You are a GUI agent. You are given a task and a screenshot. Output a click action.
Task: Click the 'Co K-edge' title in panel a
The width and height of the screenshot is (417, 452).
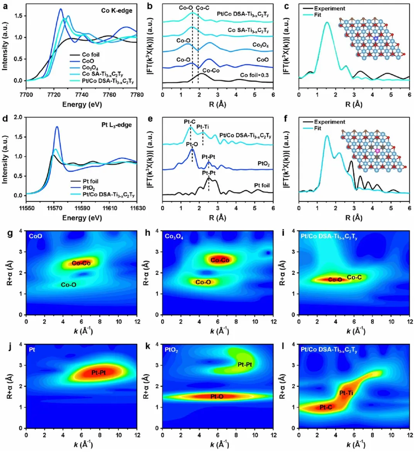coord(117,11)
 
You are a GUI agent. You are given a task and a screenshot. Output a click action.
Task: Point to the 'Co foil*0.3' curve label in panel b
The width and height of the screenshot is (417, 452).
coord(254,75)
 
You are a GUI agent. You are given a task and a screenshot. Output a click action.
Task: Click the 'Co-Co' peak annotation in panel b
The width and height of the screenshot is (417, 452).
coord(211,70)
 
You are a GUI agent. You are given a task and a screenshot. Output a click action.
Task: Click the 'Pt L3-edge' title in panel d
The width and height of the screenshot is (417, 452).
coord(117,125)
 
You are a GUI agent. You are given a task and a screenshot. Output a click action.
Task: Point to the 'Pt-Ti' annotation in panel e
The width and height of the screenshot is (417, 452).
coord(203,127)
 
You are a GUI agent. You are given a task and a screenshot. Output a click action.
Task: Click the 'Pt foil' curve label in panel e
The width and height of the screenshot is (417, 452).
coord(262,185)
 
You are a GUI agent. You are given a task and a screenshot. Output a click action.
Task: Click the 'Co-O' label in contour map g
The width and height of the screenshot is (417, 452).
coord(69,285)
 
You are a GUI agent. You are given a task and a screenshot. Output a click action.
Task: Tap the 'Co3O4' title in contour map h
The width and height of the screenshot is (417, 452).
coord(174,237)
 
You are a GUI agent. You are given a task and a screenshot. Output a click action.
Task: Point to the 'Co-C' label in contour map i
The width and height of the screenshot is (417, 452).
coord(354,277)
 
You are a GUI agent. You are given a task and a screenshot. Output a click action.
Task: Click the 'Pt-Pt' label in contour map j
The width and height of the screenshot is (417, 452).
coord(98,373)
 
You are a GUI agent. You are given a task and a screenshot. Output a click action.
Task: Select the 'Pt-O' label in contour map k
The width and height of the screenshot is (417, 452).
coord(217,397)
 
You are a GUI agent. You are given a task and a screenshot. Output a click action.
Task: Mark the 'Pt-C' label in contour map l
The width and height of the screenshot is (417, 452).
coord(326,407)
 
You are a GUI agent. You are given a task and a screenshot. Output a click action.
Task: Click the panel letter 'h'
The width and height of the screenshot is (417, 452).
coord(147,232)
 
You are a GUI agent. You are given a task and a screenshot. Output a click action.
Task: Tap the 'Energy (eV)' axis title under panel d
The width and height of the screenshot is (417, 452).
coord(82,218)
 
